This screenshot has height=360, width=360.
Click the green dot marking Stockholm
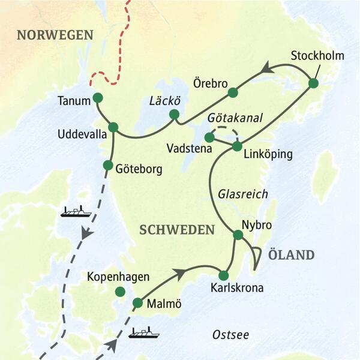pyautogui.click(x=313, y=83)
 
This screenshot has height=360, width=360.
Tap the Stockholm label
pyautogui.click(x=317, y=56)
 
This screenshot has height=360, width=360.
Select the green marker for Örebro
pyautogui.click(x=233, y=92)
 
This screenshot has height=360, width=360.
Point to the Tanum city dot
pyautogui.click(x=97, y=98)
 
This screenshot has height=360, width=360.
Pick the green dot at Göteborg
pyautogui.click(x=109, y=165)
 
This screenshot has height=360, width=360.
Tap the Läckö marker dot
pyautogui.click(x=174, y=114)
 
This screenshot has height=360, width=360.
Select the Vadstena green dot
pyautogui.click(x=209, y=137)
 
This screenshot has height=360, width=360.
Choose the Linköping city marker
pyautogui.click(x=236, y=146)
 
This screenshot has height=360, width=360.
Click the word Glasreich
pyautogui.click(x=242, y=194)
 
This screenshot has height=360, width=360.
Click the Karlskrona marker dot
pyautogui.click(x=224, y=275)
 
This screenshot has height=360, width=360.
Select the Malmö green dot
pyautogui.click(x=137, y=303)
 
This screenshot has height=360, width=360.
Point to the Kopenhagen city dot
pyautogui.click(x=120, y=292)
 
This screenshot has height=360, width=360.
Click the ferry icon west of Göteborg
pyautogui.click(x=75, y=211)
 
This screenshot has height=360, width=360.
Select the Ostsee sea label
pyautogui.click(x=231, y=335)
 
